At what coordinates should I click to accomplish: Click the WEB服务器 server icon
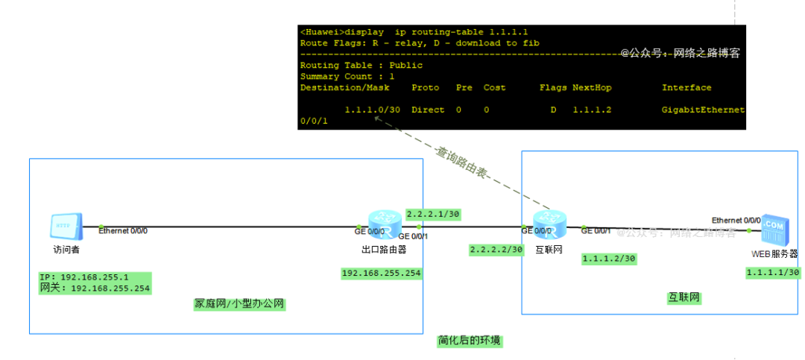pos(772,231)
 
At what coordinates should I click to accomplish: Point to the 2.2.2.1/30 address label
pos(433,214)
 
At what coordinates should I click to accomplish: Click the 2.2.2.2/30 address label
pos(496,250)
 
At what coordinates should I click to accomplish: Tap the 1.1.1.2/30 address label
pos(608,259)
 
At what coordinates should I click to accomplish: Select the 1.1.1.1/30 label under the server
pos(773,273)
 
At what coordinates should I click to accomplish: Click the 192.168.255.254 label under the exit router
pos(381,274)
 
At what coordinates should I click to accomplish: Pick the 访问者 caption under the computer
pos(66,250)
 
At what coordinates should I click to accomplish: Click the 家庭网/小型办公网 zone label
pos(240,304)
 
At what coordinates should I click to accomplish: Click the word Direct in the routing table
pos(428,110)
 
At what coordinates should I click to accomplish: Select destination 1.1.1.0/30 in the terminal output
pos(373,110)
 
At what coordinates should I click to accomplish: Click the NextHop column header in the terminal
pos(592,87)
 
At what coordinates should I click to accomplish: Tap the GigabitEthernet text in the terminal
pos(703,110)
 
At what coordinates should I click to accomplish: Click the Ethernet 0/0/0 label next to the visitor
pos(123,230)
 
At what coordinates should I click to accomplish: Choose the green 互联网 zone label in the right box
pos(684,298)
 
